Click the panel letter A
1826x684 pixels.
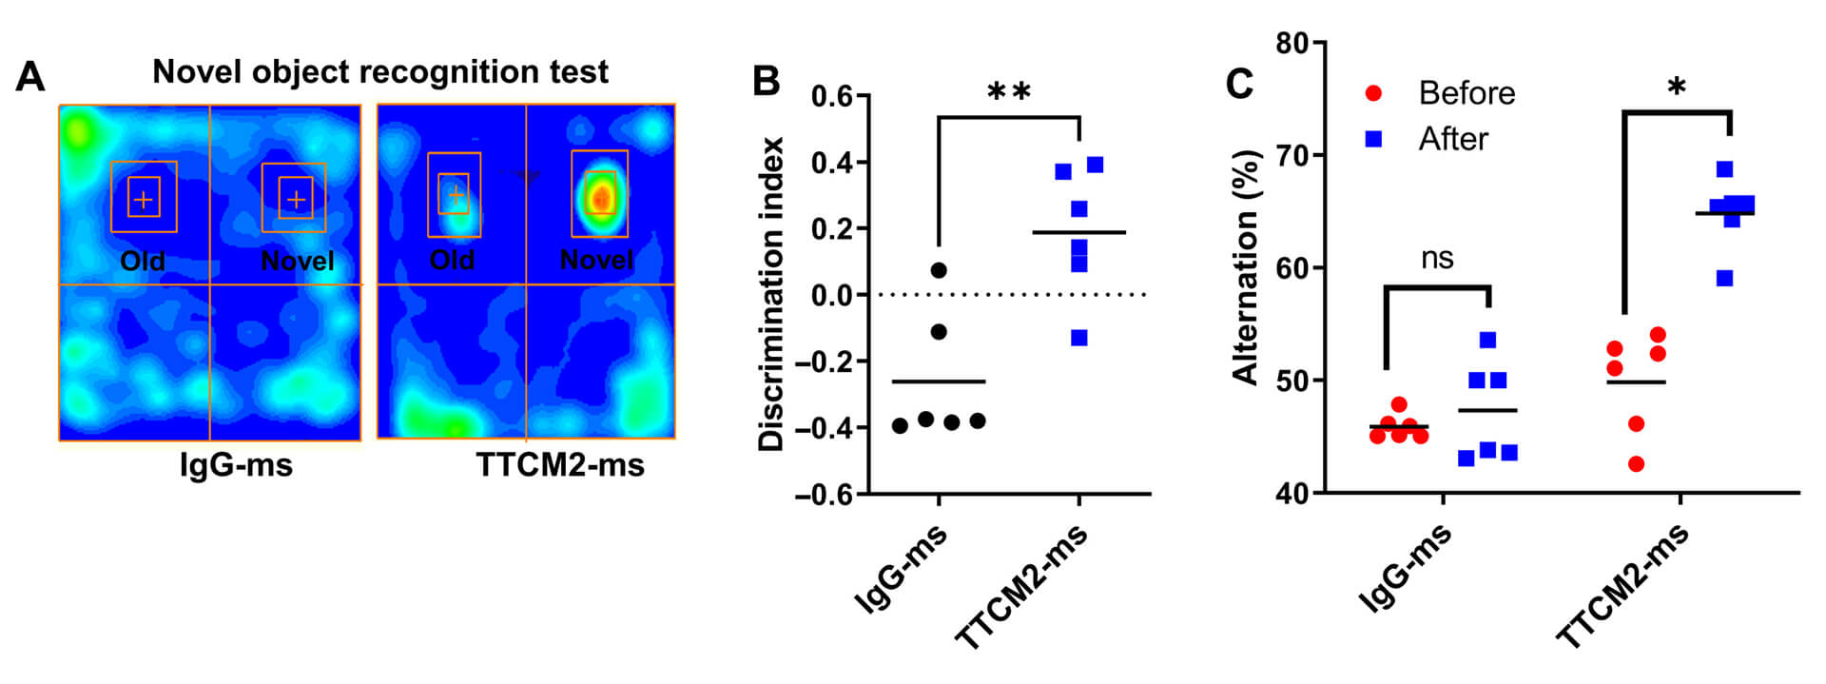pos(30,77)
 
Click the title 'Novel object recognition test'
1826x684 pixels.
pos(380,72)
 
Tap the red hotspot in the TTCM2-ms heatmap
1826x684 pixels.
pos(600,198)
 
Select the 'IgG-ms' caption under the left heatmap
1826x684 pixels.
pos(236,465)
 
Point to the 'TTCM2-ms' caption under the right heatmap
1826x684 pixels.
pos(560,465)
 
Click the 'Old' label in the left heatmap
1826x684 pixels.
pos(143,261)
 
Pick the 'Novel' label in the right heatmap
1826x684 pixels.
pos(596,260)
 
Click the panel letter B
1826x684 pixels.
pos(767,82)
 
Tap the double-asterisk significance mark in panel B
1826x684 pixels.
pos(1009,92)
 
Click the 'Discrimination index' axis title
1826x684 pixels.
pos(771,294)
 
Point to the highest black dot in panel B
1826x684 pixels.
pos(939,270)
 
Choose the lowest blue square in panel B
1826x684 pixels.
pos(1078,338)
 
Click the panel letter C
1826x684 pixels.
pos(1239,84)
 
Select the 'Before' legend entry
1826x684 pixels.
pos(1466,93)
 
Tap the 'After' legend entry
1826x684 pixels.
pos(1452,139)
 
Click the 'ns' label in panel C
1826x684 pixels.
pos(1437,258)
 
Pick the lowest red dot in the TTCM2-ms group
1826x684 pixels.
pos(1636,464)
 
